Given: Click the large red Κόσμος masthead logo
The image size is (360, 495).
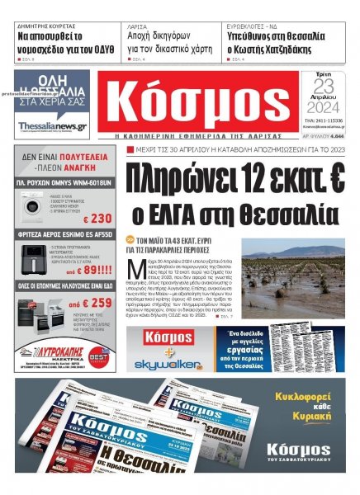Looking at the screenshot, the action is point(200,101).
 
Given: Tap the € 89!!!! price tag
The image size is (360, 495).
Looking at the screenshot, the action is point(92,269).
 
